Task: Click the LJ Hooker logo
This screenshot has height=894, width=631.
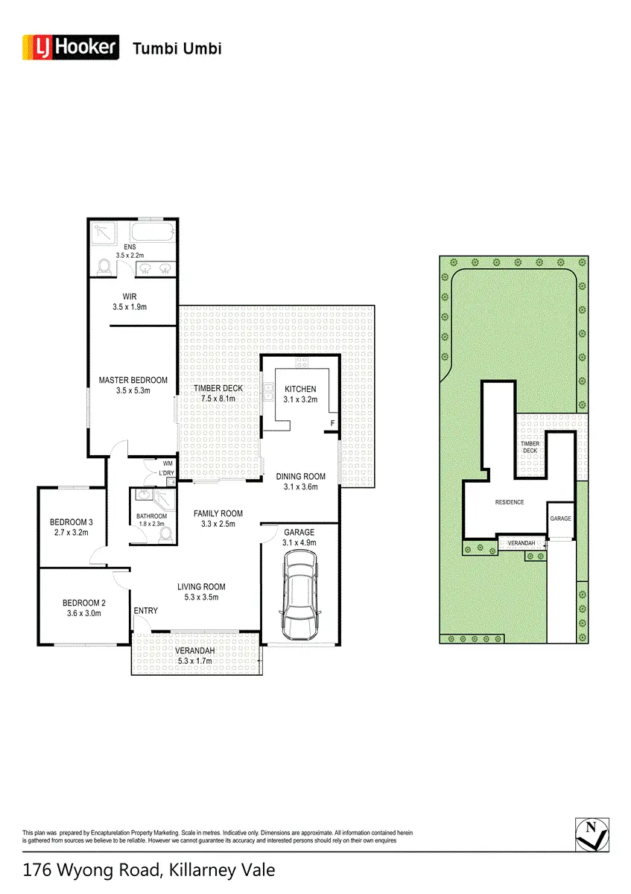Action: coord(71,48)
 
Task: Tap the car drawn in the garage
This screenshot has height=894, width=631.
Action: coord(300,595)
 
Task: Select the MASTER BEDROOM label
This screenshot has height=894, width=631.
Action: coord(133,380)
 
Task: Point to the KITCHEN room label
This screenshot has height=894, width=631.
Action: coord(300,389)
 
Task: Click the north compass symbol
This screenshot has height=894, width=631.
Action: coord(592,834)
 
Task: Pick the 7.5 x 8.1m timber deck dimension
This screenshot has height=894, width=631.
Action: coord(218,399)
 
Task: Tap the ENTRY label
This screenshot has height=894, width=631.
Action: coord(146,611)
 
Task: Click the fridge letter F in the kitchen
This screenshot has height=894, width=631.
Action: coord(332,423)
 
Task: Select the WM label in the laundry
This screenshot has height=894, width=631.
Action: coord(168,463)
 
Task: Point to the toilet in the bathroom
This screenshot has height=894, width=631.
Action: coord(166,534)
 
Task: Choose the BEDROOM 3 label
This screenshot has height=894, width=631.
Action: coord(71,522)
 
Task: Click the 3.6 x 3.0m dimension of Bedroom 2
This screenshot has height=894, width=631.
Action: coord(84,613)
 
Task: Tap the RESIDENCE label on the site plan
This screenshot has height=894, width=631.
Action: coord(510,502)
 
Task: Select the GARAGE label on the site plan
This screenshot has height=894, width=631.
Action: coord(560,519)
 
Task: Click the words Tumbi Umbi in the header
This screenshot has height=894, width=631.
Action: coord(177,48)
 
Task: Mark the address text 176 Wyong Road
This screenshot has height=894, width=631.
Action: coord(92,870)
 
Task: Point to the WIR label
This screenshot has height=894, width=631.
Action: coord(130,297)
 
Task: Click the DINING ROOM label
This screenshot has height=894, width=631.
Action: coord(300,476)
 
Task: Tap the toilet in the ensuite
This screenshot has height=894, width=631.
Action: coord(104,267)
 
